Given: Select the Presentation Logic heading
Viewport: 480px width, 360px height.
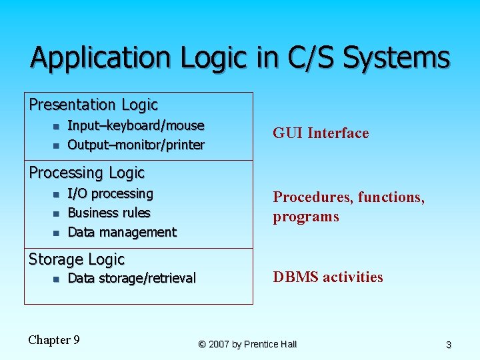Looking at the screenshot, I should pyautogui.click(x=93, y=105).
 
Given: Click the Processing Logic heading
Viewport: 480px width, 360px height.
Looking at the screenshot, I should pyautogui.click(x=87, y=173).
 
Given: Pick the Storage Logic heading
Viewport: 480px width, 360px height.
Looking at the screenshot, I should pyautogui.click(x=77, y=259).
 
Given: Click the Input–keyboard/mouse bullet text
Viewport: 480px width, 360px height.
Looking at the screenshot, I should pyautogui.click(x=136, y=125).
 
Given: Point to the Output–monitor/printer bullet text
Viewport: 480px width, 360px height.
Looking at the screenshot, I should pyautogui.click(x=136, y=145).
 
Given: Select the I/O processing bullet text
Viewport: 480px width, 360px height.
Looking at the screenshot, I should pyautogui.click(x=111, y=193).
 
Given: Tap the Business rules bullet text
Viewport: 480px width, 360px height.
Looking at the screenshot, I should pyautogui.click(x=109, y=213).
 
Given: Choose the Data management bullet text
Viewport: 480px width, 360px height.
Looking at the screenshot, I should pyautogui.click(x=122, y=232).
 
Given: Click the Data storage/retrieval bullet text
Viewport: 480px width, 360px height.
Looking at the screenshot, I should pyautogui.click(x=132, y=278).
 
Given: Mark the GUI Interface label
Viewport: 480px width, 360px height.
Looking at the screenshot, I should pyautogui.click(x=321, y=133).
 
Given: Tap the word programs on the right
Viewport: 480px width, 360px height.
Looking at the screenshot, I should pyautogui.click(x=305, y=217).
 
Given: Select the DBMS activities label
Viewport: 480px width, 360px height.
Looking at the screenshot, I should pyautogui.click(x=328, y=277).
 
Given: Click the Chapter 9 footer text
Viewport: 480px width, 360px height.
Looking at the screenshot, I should pyautogui.click(x=54, y=340).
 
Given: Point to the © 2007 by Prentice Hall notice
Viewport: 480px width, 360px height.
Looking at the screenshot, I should pyautogui.click(x=247, y=344).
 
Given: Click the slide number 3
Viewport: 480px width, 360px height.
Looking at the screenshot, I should pyautogui.click(x=449, y=345).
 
